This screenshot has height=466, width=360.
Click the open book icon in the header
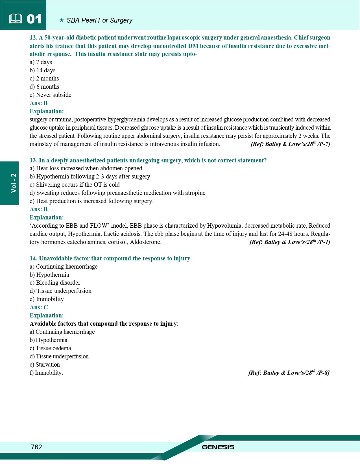point(16,19)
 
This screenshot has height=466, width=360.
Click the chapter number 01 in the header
point(34,19)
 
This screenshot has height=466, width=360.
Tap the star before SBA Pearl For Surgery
point(62,20)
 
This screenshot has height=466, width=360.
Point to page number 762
point(36,447)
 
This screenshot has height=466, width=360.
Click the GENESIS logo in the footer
point(218,447)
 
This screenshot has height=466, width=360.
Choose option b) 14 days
point(43,70)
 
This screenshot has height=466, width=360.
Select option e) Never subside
point(51,95)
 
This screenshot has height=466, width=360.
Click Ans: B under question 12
point(39,103)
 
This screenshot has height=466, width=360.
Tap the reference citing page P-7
point(290,144)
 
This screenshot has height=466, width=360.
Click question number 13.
point(33,160)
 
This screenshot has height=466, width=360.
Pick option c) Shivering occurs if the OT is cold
point(75,185)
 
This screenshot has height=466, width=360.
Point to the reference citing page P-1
point(290,242)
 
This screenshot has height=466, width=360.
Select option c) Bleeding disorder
point(55,283)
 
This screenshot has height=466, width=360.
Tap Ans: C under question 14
point(39,307)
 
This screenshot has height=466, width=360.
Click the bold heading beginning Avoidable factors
point(104,324)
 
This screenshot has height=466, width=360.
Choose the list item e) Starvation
point(45,365)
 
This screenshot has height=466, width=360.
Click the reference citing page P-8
point(289,373)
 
